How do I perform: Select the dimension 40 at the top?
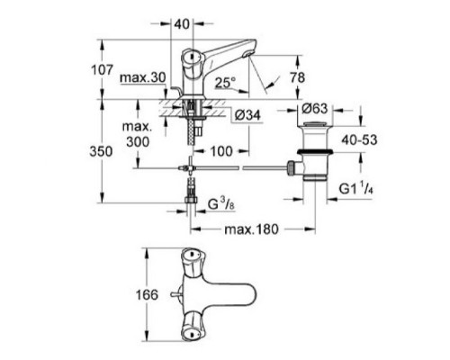(x=183, y=22)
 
